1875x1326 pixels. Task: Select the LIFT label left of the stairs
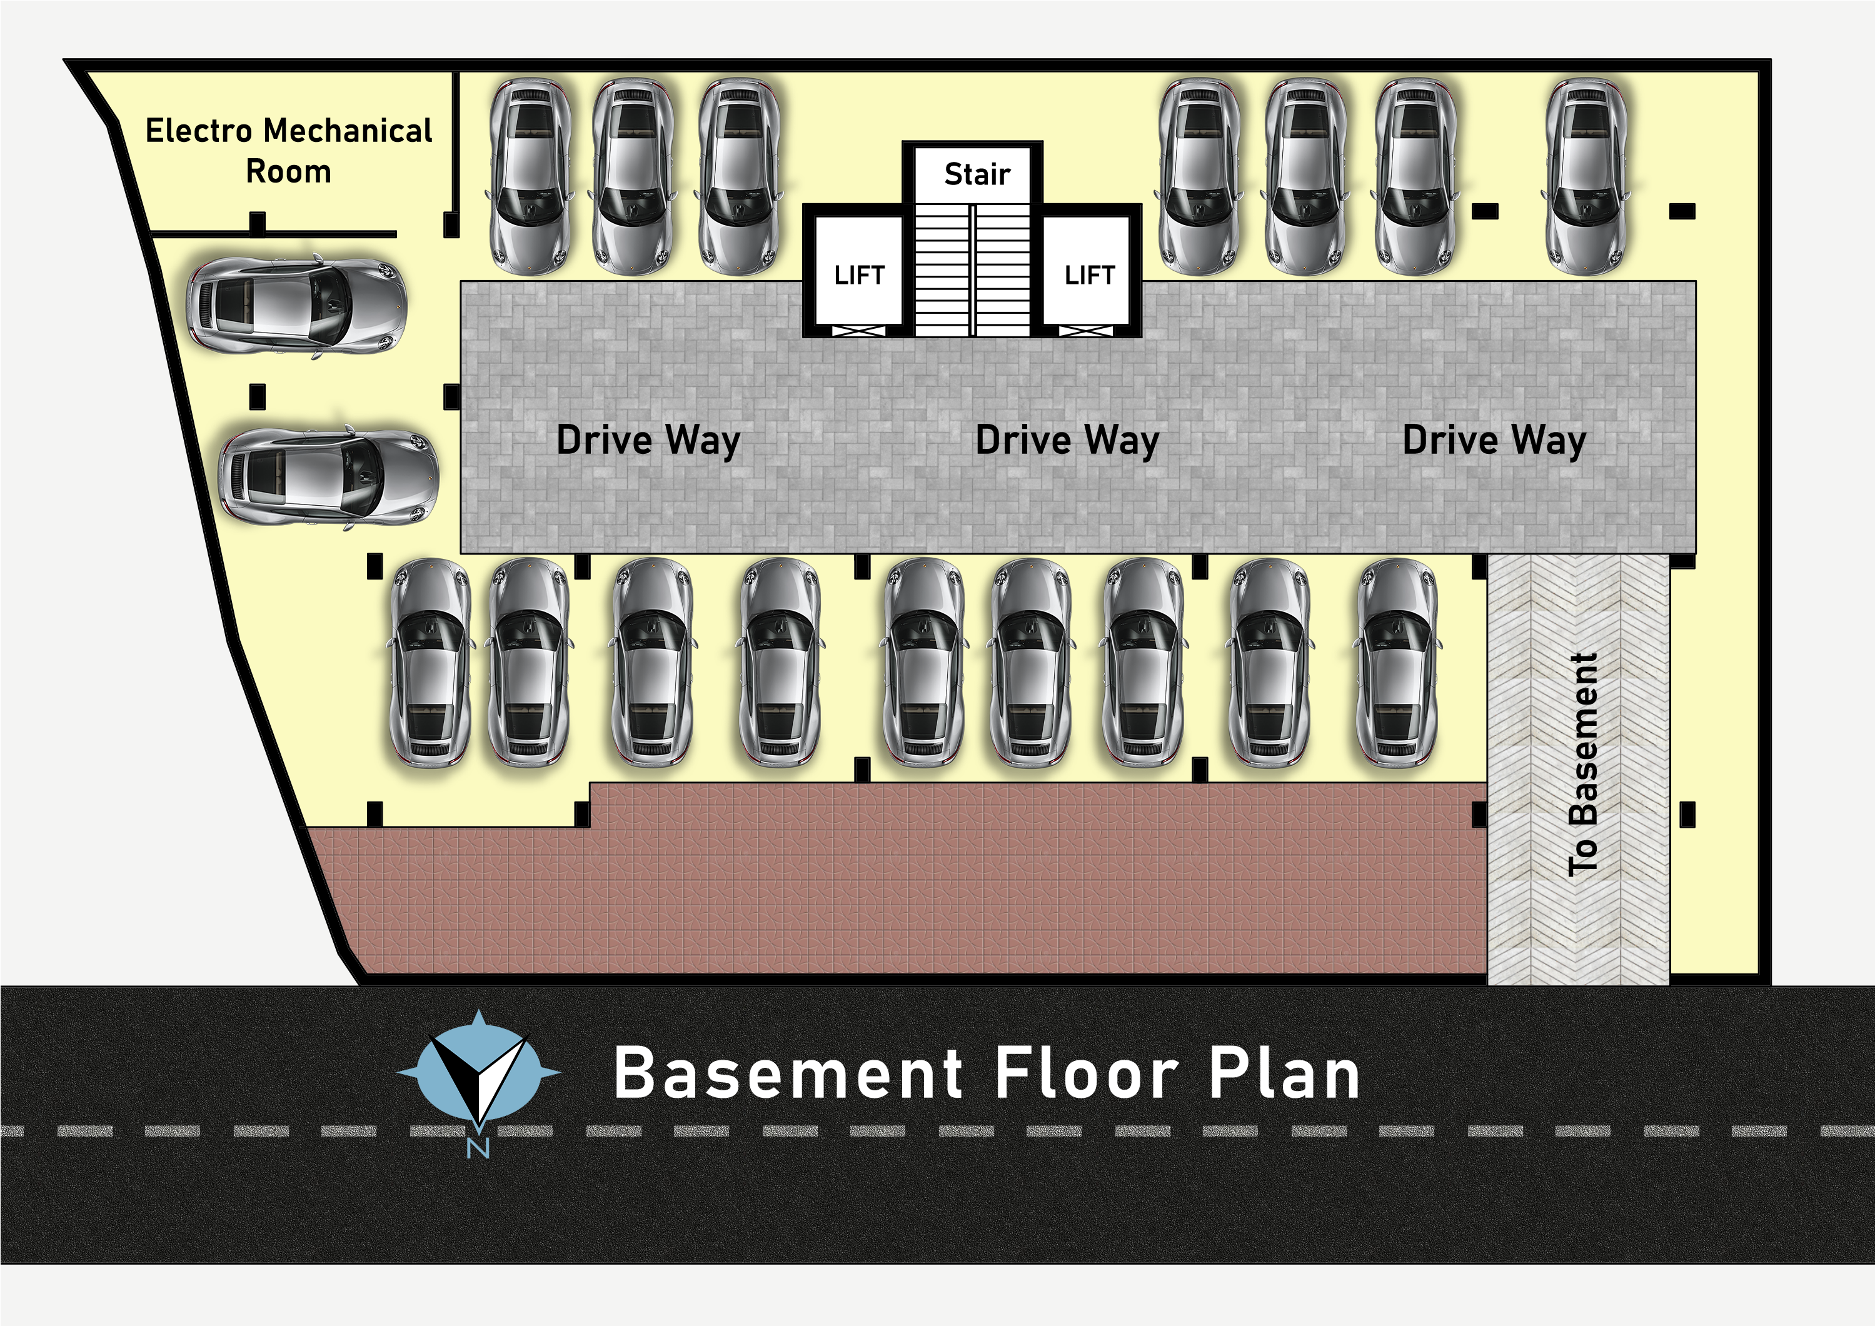coord(859,275)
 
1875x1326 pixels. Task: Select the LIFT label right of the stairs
coord(1089,275)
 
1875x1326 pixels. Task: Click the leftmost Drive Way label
coord(648,440)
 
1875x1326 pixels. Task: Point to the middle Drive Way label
coord(1067,440)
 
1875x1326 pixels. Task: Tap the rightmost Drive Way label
coord(1494,440)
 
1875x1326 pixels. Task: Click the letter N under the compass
coord(478,1147)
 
